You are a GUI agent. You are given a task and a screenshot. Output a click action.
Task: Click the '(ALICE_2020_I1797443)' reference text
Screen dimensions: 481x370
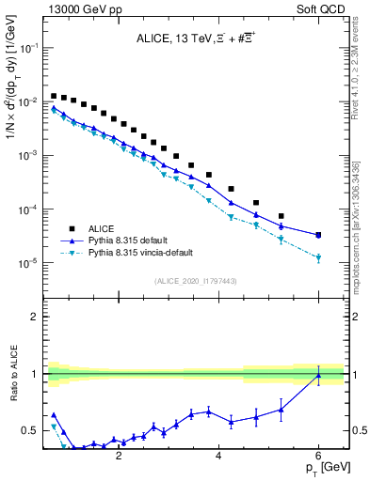194,282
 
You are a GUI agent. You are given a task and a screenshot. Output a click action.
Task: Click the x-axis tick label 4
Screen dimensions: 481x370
218,456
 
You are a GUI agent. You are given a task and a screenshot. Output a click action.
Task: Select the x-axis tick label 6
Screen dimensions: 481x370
319,456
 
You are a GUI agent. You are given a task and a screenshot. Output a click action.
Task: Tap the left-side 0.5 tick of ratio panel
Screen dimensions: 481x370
32,430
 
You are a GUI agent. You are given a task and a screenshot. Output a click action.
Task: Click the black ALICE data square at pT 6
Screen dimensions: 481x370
318,235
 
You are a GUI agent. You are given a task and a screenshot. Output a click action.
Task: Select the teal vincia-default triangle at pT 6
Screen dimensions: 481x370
318,258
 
